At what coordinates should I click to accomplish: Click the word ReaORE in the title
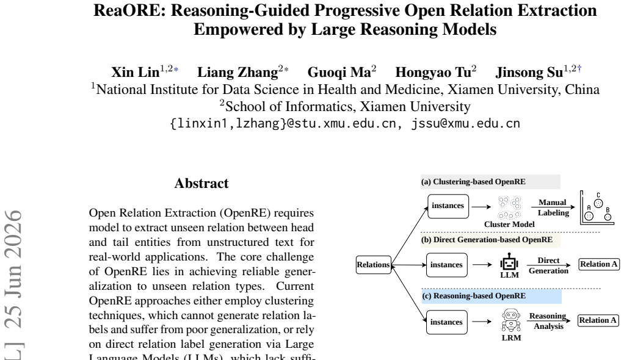pyautogui.click(x=129, y=10)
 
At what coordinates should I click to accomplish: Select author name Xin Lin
pyautogui.click(x=136, y=73)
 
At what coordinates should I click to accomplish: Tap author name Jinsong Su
pyautogui.click(x=529, y=73)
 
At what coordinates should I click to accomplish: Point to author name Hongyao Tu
pyautogui.click(x=433, y=73)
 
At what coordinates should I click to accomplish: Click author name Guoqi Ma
pyautogui.click(x=339, y=73)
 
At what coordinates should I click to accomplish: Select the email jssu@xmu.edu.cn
pyautogui.click(x=466, y=123)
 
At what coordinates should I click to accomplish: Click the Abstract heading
pyautogui.click(x=201, y=184)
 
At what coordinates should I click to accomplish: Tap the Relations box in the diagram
pyautogui.click(x=373, y=265)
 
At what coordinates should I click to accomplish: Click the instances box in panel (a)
pyautogui.click(x=448, y=206)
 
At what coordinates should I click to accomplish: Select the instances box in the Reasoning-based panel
pyautogui.click(x=446, y=322)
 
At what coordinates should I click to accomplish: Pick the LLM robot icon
pyautogui.click(x=509, y=262)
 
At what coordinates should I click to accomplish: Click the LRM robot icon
pyautogui.click(x=511, y=320)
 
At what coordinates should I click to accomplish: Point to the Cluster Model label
pyautogui.click(x=509, y=225)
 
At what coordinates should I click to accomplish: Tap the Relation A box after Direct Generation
pyautogui.click(x=598, y=264)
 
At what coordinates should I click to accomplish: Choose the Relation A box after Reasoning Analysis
pyautogui.click(x=598, y=320)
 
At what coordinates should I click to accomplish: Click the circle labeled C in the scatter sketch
pyautogui.click(x=598, y=203)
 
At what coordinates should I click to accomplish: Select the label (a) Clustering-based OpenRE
pyautogui.click(x=473, y=182)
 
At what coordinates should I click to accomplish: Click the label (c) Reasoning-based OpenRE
pyautogui.click(x=474, y=296)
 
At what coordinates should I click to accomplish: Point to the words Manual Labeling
pyautogui.click(x=553, y=207)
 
